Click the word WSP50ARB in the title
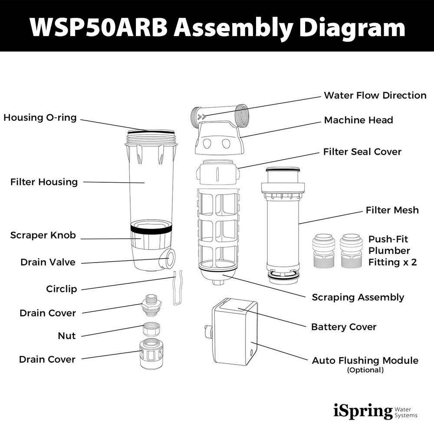98,27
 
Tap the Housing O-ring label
40,118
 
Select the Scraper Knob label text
43,235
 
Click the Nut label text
66,335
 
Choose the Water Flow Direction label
375,95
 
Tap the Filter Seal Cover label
362,152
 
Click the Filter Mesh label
392,210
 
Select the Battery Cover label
344,327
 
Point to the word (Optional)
365,370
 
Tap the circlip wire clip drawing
176,289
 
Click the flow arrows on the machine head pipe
201,117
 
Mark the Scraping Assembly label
358,297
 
